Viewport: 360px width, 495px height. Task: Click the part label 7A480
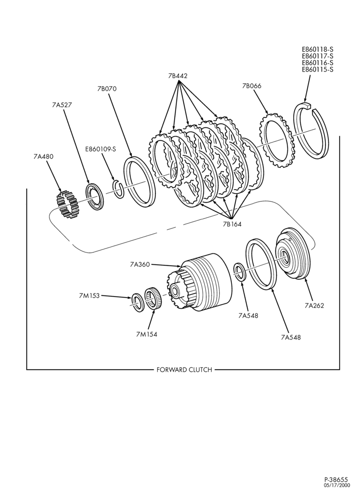pos(44,156)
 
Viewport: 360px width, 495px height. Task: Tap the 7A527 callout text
pos(62,105)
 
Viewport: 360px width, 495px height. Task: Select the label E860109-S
pos(100,149)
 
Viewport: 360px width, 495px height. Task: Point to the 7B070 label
pos(107,89)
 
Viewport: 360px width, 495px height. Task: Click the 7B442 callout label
pos(178,76)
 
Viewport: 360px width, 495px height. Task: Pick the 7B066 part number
pos(252,86)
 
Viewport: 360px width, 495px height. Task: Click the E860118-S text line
pos(317,49)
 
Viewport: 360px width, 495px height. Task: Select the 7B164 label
pos(232,224)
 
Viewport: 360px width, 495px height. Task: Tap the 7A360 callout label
pos(139,264)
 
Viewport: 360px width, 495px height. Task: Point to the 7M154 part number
pos(146,334)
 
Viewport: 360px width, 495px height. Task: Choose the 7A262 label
pos(315,305)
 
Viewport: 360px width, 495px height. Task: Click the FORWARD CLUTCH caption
pos(184,370)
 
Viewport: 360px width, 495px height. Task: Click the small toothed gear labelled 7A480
pos(67,205)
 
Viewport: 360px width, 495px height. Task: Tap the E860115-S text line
pos(317,70)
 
